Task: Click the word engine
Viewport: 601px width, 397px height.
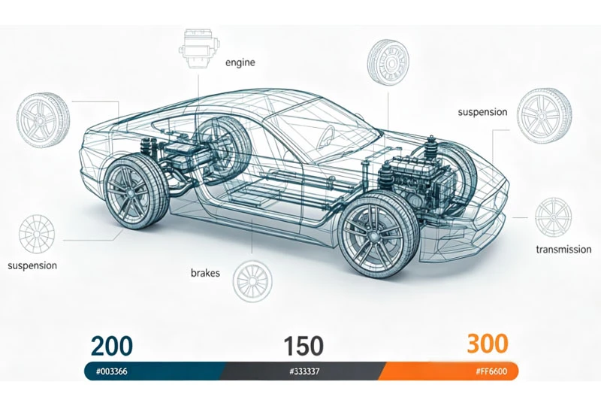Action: [x=240, y=63]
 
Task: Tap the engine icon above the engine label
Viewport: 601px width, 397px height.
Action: [x=197, y=48]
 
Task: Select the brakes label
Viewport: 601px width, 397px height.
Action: [x=205, y=273]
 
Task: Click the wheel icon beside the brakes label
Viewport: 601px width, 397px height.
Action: [x=253, y=281]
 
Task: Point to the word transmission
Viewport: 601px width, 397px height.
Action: [x=563, y=250]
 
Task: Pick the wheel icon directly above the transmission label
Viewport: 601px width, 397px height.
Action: [x=553, y=217]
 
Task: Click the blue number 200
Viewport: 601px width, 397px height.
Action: [x=112, y=346]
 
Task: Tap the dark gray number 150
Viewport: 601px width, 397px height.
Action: [x=304, y=346]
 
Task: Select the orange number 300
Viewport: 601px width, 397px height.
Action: [x=488, y=344]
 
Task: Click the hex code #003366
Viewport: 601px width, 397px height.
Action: [x=111, y=371]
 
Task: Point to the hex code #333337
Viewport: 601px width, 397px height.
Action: [x=304, y=371]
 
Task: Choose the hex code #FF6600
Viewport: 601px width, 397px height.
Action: [x=491, y=371]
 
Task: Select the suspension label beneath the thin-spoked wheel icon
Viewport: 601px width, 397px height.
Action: [x=32, y=265]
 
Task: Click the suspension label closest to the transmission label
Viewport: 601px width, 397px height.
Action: [x=482, y=112]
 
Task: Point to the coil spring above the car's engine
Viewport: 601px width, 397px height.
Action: [x=430, y=150]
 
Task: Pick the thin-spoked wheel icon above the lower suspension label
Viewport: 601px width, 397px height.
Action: [x=36, y=234]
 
